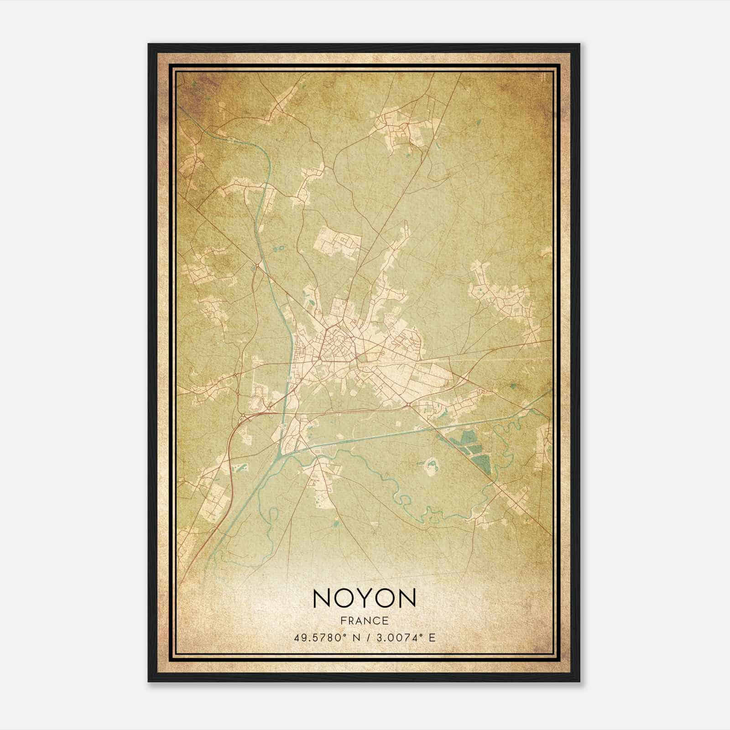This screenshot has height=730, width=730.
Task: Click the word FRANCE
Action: coord(364,620)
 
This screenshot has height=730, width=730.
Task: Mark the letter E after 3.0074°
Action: coord(432,637)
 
